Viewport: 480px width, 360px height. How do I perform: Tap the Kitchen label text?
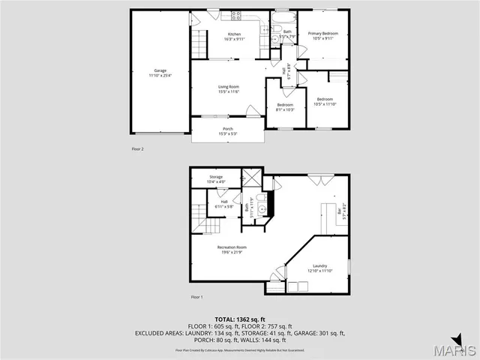[x=235, y=37]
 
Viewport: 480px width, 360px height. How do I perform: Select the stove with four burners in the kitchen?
[x=235, y=15]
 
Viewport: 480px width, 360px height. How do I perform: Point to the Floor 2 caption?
[x=137, y=149]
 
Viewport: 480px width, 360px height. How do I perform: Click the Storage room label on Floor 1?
[x=215, y=178]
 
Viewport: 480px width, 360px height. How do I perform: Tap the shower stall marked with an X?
[x=251, y=178]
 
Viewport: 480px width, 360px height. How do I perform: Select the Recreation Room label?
[x=232, y=249]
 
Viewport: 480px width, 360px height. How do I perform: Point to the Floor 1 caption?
[x=196, y=298]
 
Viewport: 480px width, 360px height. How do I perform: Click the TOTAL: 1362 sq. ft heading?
[x=240, y=319]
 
